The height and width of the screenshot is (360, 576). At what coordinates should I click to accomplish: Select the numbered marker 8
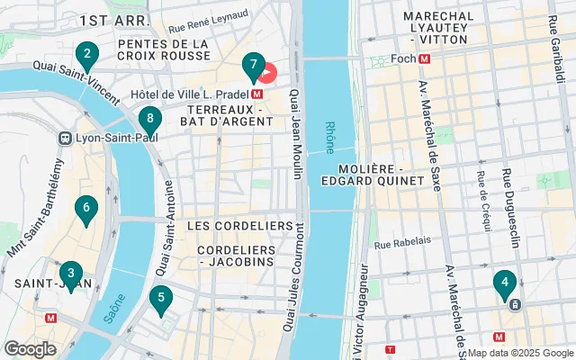pyautogui.click(x=150, y=119)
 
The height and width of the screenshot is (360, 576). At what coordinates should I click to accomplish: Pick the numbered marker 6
pyautogui.click(x=86, y=211)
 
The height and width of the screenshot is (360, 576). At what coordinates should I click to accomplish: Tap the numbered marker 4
pyautogui.click(x=505, y=284)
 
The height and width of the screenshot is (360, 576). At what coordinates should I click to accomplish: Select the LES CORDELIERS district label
pyautogui.click(x=240, y=224)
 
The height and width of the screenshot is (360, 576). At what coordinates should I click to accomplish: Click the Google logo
pyautogui.click(x=30, y=349)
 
